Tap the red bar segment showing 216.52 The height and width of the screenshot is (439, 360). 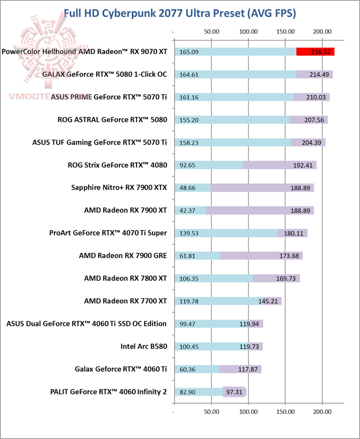pos(315,51)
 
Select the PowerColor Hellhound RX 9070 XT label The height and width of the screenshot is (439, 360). pos(84,51)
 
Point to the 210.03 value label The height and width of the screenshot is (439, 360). pos(316,97)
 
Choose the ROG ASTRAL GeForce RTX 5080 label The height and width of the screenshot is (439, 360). pos(113,119)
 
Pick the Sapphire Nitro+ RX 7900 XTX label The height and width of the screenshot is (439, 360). pos(119,187)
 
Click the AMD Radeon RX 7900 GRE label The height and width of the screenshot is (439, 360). pos(123,255)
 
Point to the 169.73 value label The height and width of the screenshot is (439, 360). pos(286,278)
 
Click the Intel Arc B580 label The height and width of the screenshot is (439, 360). pos(143,346)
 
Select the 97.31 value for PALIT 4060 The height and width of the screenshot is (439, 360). pos(234,391)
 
